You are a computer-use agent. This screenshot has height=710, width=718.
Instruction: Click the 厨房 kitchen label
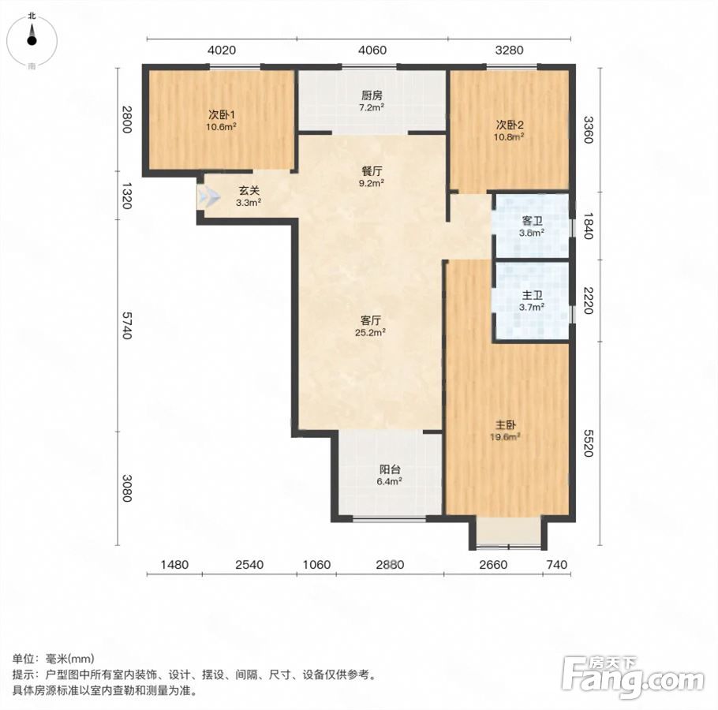[x=372, y=95]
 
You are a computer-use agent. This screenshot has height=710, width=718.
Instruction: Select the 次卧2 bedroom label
[x=510, y=125]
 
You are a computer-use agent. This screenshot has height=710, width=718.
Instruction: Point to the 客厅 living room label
[x=371, y=320]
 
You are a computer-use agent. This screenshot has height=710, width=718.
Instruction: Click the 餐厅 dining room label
[x=372, y=171]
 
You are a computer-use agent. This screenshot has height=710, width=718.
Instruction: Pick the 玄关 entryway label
[x=249, y=190]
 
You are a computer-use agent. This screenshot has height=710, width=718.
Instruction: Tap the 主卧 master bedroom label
[x=505, y=424]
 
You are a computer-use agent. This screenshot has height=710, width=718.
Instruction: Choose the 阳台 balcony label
[x=390, y=469]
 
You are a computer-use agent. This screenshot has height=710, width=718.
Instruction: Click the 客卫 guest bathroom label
[x=532, y=221]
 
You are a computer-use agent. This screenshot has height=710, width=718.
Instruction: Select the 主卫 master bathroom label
[x=532, y=296]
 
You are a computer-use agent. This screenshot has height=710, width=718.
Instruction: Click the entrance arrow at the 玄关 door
[x=209, y=197]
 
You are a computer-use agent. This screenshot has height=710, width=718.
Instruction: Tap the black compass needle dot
[x=32, y=40]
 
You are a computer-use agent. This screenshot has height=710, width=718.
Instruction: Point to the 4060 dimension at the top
[x=372, y=50]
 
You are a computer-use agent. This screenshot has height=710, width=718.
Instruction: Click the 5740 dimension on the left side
[x=127, y=326]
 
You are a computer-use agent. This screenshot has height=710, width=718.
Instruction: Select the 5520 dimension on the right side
[x=589, y=443]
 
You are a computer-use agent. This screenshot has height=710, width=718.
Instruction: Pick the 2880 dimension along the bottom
[x=390, y=564]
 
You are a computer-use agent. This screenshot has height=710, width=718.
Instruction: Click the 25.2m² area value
[x=370, y=333]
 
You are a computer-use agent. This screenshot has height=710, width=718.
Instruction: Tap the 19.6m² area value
[x=505, y=437]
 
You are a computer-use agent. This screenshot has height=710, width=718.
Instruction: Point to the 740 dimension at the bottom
[x=557, y=564]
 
